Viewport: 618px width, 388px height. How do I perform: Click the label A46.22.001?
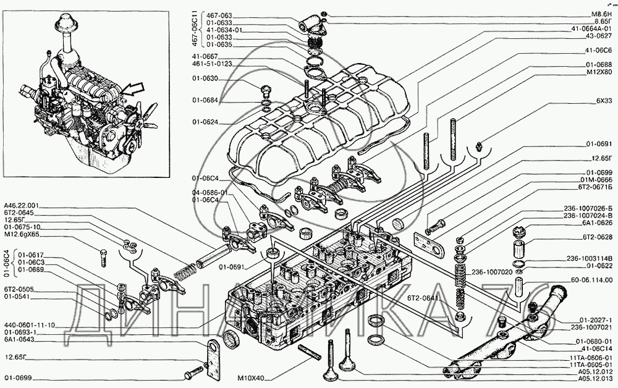(21, 205)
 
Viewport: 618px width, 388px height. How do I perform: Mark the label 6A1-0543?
(19, 339)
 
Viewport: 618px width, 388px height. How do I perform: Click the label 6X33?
(603, 101)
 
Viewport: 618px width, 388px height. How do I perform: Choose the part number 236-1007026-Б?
(588, 208)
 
